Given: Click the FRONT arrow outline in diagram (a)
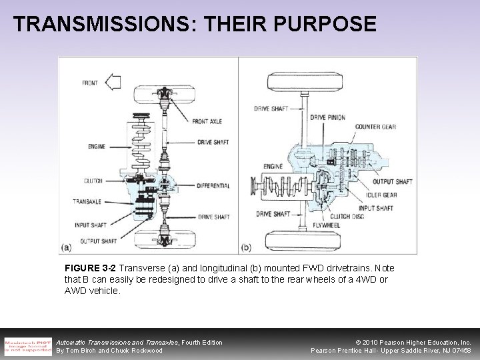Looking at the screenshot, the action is (x=113, y=83).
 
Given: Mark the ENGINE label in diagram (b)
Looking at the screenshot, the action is (x=272, y=165).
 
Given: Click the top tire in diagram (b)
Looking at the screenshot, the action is (x=305, y=73).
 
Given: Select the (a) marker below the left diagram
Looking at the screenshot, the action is (x=65, y=248).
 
